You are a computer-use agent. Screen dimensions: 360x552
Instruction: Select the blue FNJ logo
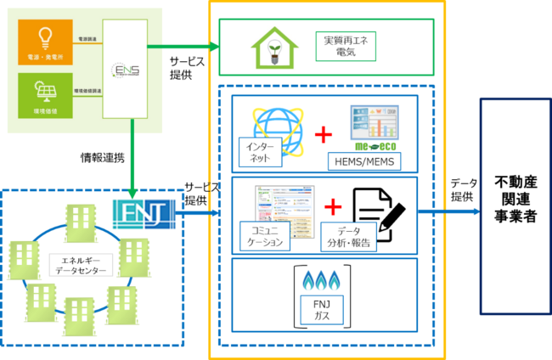(x=144, y=208)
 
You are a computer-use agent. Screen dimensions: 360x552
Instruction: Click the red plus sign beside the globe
(x=323, y=134)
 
